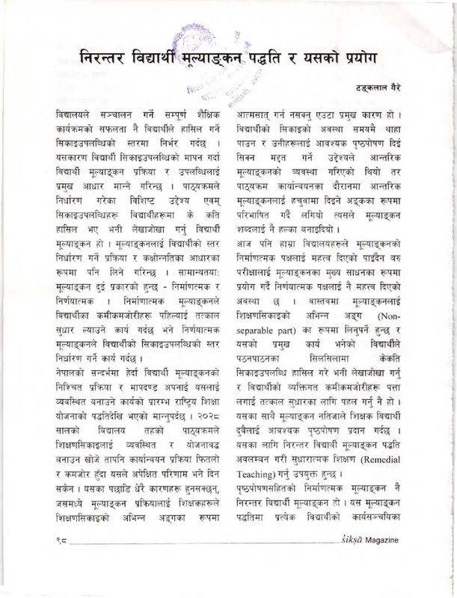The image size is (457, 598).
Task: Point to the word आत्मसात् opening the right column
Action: click(275, 117)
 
